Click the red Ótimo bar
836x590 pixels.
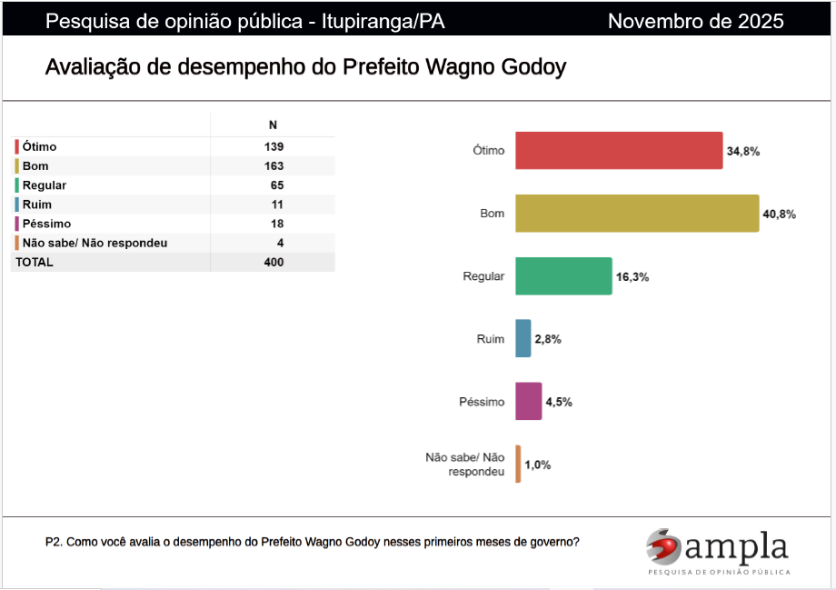click(619, 151)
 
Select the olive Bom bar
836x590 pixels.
click(636, 214)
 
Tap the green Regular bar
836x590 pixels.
click(563, 276)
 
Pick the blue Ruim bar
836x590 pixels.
click(522, 339)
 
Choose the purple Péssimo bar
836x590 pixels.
click(528, 401)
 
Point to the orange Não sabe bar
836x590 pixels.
click(518, 464)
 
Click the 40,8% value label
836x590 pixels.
click(780, 215)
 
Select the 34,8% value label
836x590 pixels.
click(742, 151)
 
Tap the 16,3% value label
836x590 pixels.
click(632, 276)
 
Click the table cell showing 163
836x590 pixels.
click(273, 166)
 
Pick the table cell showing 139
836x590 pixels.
click(273, 146)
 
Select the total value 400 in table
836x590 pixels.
click(273, 263)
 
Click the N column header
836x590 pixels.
click(273, 125)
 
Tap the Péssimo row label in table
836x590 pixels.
click(46, 224)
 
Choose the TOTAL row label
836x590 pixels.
click(34, 263)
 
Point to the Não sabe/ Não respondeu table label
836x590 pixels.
click(95, 243)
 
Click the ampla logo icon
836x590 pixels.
click(663, 546)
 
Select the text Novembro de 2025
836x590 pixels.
click(695, 21)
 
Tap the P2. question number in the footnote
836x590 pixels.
click(54, 542)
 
